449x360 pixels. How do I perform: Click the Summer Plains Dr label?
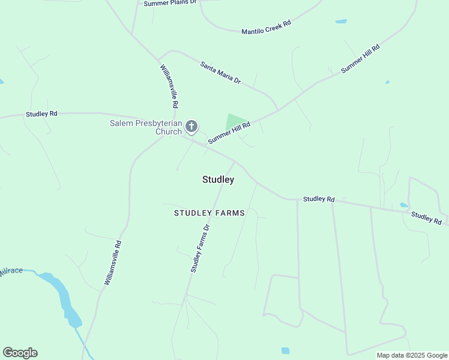[x=170, y=3]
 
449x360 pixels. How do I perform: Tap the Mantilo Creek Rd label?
[x=266, y=27]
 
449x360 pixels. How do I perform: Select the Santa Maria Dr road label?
[x=220, y=73]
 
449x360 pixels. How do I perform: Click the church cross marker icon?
[x=191, y=126]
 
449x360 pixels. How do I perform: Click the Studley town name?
[x=218, y=179]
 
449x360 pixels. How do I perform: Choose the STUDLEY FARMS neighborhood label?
[x=209, y=213]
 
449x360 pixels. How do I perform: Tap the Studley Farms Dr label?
[x=200, y=248]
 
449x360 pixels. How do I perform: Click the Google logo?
[x=20, y=353]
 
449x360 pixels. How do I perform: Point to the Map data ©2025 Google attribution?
[x=412, y=355]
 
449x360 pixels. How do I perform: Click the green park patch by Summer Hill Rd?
[x=235, y=122]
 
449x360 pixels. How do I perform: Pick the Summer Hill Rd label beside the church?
[x=229, y=132]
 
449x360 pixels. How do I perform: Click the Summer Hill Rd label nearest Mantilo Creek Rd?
[x=360, y=59]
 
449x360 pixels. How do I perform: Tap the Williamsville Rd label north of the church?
[x=169, y=86]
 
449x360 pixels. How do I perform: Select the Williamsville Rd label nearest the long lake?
[x=113, y=262]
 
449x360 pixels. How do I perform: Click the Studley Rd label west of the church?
[x=41, y=113]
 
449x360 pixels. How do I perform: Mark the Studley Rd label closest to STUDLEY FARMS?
[x=319, y=199]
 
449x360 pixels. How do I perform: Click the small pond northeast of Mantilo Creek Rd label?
[x=341, y=22]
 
